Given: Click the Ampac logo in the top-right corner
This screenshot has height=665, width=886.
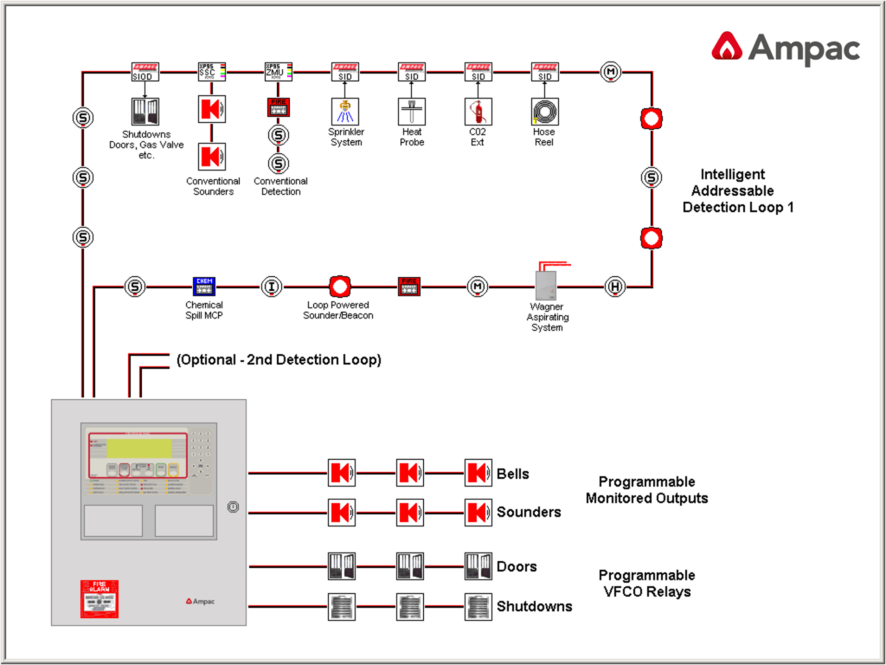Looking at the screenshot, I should [x=785, y=48].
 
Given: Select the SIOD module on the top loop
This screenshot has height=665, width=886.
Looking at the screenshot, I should [x=144, y=71].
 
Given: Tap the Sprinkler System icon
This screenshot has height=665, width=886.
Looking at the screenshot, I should [x=344, y=110].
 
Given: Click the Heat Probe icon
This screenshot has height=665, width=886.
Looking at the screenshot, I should [x=412, y=110].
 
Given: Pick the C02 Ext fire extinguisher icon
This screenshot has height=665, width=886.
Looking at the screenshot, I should [x=478, y=110].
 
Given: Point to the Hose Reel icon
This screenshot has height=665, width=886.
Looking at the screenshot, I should [x=545, y=110].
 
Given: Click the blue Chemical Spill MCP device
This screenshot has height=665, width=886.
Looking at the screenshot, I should [x=203, y=286].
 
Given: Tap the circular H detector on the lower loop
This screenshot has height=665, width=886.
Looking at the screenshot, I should [x=614, y=286].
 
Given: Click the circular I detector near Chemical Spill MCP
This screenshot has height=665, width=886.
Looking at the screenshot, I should [x=272, y=286].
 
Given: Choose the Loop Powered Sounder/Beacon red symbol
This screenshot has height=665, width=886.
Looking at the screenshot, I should [x=339, y=286].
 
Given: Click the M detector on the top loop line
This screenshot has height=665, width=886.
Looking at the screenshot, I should [x=612, y=71].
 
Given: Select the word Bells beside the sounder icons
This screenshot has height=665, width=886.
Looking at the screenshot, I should [x=512, y=474].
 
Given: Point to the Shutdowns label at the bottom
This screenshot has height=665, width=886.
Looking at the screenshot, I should [x=534, y=606].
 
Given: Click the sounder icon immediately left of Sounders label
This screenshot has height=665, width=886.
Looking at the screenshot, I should [x=478, y=512].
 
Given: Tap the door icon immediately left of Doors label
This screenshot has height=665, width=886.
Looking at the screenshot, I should [x=478, y=566].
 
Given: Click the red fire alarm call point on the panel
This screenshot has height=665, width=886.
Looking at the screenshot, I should [x=100, y=598].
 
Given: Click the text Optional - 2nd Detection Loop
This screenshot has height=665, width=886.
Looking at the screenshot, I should [x=279, y=359].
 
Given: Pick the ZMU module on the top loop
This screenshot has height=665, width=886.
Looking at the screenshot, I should [x=279, y=71].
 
